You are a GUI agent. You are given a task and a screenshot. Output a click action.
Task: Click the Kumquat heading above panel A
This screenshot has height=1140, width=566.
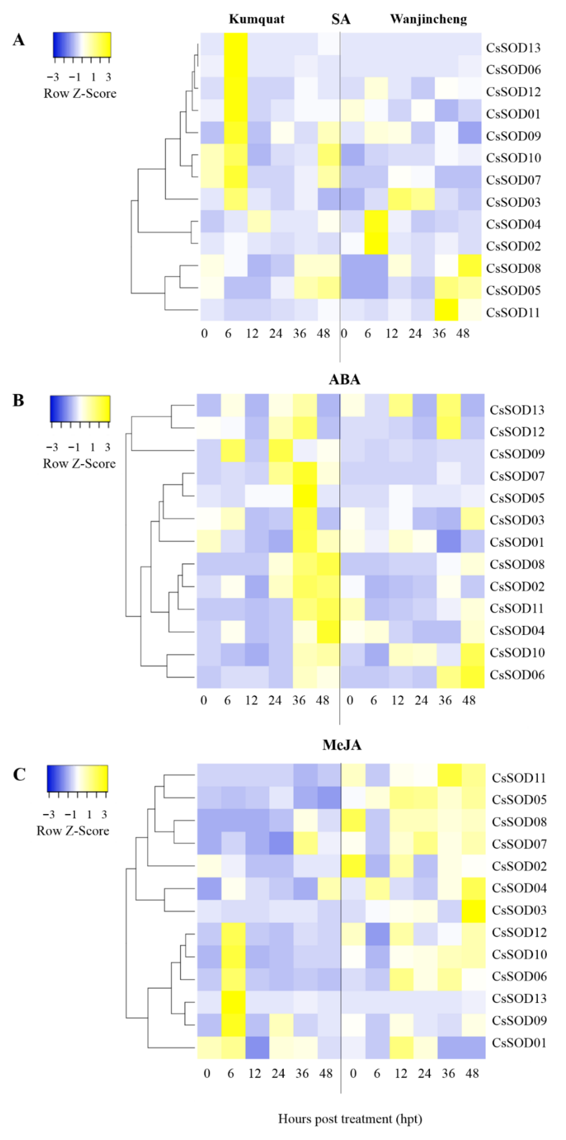tap(257, 19)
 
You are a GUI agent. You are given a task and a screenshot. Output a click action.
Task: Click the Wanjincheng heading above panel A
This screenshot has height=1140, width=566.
tap(428, 19)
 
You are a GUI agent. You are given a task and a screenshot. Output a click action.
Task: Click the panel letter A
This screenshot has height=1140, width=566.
tap(19, 40)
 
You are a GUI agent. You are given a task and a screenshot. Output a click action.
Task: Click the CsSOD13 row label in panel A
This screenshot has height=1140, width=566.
tap(513, 48)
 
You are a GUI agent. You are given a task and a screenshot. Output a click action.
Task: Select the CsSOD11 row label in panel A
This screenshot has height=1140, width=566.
tap(513, 312)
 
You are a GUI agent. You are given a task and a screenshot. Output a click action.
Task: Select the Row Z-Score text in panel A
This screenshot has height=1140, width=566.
tap(80, 93)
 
